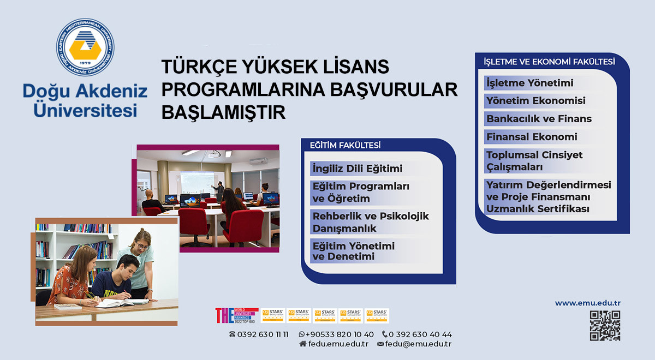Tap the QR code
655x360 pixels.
tap(605, 326)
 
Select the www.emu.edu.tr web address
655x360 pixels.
tap(588, 303)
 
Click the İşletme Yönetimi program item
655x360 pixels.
tap(529, 83)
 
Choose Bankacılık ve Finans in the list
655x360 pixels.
tap(538, 119)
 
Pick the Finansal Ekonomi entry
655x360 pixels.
tap(531, 137)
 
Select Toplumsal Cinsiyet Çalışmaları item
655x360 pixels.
tap(534, 160)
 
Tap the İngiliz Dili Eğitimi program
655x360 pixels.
tap(357, 169)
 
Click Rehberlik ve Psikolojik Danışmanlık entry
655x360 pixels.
tap(370, 222)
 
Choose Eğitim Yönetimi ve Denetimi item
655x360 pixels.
tap(353, 251)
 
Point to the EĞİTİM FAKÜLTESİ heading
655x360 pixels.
tap(345, 145)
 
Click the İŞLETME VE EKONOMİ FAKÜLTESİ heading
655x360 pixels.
tap(549, 62)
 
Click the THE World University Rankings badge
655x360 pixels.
tap(236, 316)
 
